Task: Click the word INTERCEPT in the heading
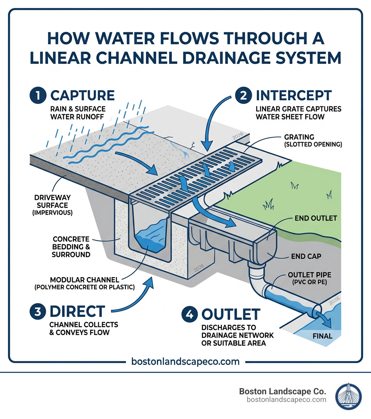click(293, 95)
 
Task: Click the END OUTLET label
click(316, 218)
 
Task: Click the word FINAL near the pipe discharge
click(322, 336)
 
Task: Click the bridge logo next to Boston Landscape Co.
click(348, 395)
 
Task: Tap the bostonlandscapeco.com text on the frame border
click(185, 362)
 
